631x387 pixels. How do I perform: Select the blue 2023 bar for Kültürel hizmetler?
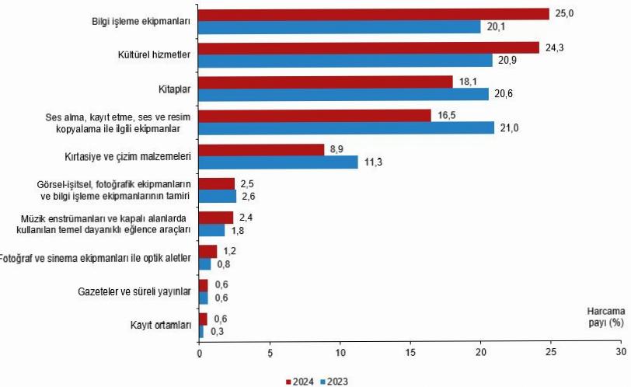point(346,60)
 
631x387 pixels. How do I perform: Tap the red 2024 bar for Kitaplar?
point(326,82)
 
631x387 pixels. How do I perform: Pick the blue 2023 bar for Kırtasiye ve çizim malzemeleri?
point(278,162)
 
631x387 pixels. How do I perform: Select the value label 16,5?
point(448,115)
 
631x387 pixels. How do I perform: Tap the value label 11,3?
point(374,162)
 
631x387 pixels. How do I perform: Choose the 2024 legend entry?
point(302,381)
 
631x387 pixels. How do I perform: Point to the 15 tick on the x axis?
point(410,352)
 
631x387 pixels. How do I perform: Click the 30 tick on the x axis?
point(621,352)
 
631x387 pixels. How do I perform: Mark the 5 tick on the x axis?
point(270,352)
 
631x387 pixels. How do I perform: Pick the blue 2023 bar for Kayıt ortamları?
point(202,332)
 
